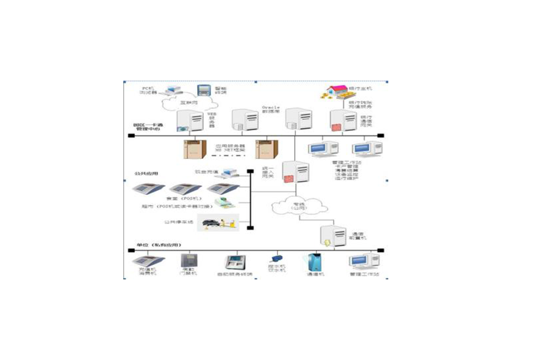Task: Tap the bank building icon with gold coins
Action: (x=335, y=92)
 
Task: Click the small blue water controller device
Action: (x=275, y=259)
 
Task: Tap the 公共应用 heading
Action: (x=146, y=173)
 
